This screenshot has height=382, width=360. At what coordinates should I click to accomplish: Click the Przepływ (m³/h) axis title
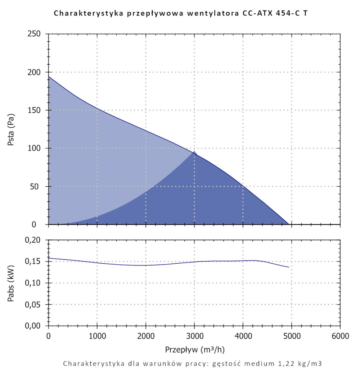[x=195, y=349]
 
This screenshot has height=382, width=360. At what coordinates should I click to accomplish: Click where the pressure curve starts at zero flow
[x=49, y=77]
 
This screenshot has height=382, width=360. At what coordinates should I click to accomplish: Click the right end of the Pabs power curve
[x=289, y=267]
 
